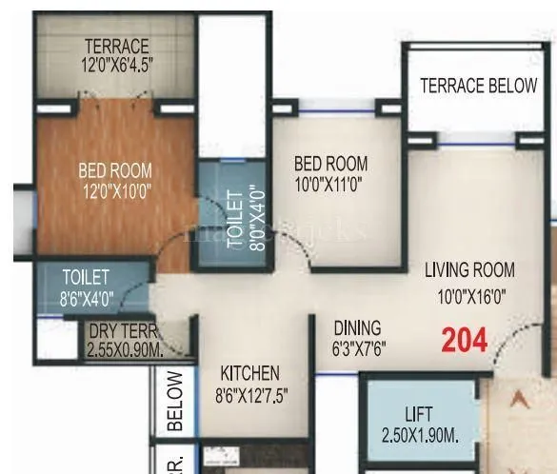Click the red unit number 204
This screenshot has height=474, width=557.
click(x=465, y=340)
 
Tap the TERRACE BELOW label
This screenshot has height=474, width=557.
click(x=479, y=86)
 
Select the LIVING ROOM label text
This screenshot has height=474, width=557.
click(x=469, y=270)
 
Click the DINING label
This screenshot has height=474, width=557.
click(x=357, y=327)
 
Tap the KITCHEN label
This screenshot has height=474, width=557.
click(x=249, y=372)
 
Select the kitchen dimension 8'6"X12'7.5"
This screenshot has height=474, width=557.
click(x=250, y=393)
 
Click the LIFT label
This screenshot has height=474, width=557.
click(x=417, y=415)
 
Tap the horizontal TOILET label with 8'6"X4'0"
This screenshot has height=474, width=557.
click(x=87, y=277)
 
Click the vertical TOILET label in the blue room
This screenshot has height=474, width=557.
click(x=236, y=220)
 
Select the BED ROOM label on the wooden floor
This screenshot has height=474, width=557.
click(x=115, y=170)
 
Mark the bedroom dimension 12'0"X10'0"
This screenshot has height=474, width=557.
click(x=115, y=190)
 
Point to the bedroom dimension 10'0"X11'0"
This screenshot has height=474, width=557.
click(x=330, y=183)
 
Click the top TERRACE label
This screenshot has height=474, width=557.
click(x=116, y=46)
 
